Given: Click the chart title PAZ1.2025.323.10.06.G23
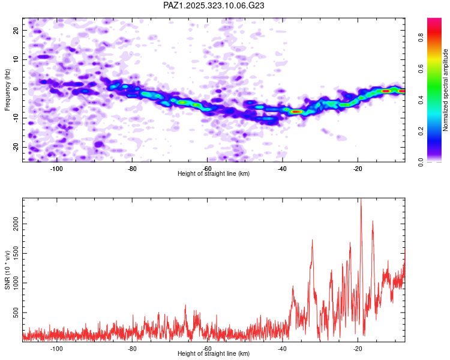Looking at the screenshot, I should click(x=214, y=5).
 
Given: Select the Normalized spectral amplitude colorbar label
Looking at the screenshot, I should click(x=446, y=90).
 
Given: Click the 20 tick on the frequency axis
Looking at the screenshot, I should click(x=17, y=30).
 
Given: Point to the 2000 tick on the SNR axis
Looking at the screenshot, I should click(x=13, y=224).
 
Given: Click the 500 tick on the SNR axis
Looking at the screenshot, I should click(x=15, y=313).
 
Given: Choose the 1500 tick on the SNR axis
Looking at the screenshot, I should click(x=13, y=254).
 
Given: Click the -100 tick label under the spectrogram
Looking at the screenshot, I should click(x=57, y=169).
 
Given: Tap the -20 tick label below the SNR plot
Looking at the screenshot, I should click(x=358, y=349).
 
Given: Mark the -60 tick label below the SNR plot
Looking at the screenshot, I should click(x=207, y=349).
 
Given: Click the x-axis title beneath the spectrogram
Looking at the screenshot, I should click(x=214, y=173).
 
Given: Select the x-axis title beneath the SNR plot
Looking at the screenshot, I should click(x=214, y=354).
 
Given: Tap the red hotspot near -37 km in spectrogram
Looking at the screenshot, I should click(x=296, y=112).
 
